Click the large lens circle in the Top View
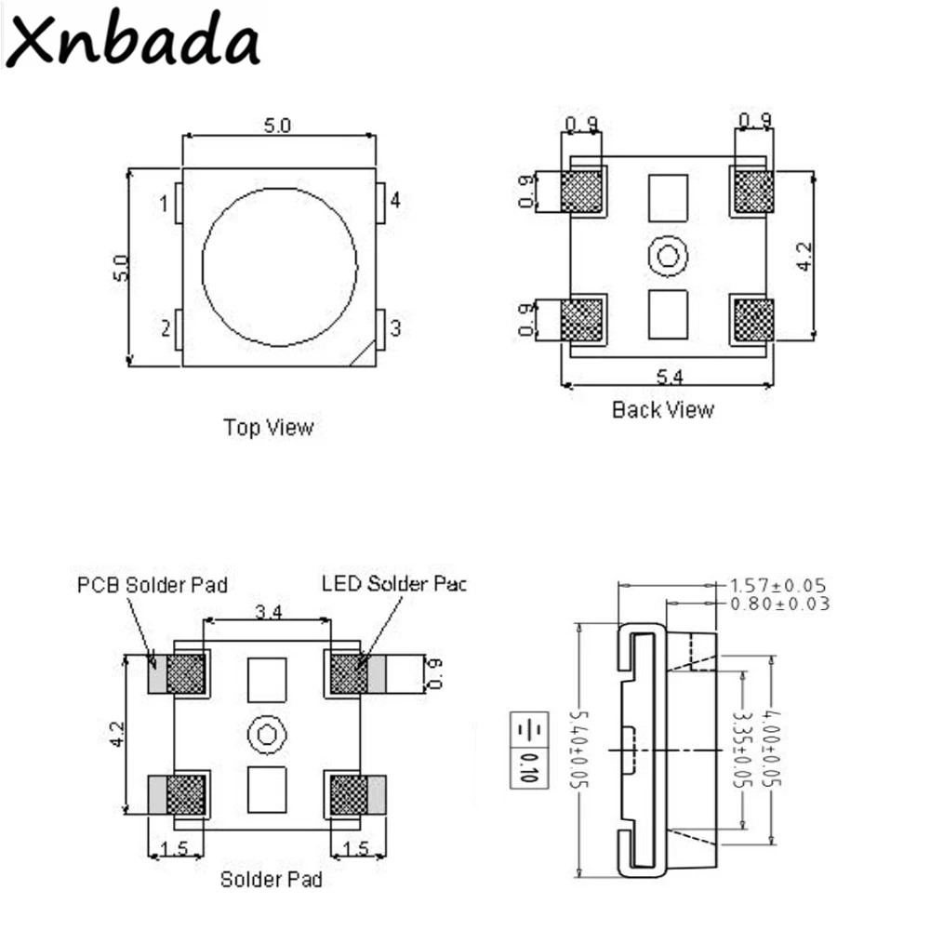279,264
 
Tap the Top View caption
268,428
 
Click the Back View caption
662,409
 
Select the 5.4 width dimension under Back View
671,377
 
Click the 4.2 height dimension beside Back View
804,256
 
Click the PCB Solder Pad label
152,585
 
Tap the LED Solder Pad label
392,584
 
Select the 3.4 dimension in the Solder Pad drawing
270,611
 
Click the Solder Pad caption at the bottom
271,879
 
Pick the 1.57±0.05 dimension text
779,586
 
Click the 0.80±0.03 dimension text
779,604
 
